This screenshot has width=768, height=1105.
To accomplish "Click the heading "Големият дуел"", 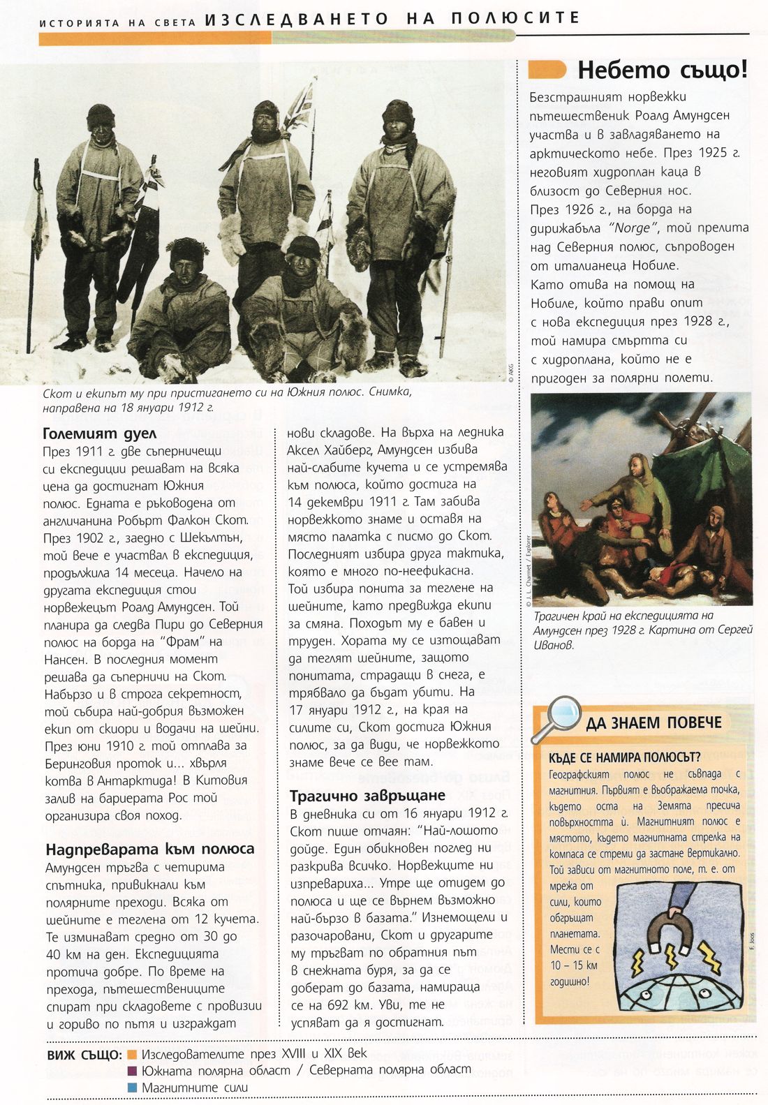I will point(91,433).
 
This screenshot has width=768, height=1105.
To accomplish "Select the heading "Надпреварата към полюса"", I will point(149,849).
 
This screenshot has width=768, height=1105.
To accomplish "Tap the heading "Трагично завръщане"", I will point(367,796).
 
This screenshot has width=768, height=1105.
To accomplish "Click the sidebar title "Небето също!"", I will point(663,71).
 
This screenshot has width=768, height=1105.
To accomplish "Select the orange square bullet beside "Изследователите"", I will point(133,1054).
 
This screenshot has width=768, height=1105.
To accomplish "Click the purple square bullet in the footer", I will point(133,1070).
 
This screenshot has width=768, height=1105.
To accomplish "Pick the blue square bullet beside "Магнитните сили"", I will point(133,1087).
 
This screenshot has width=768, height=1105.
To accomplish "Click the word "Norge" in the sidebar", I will point(633,228).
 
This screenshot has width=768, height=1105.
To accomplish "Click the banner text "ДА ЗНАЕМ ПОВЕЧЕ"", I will point(653,722).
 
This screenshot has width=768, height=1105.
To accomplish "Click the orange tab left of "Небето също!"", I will point(547,70).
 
